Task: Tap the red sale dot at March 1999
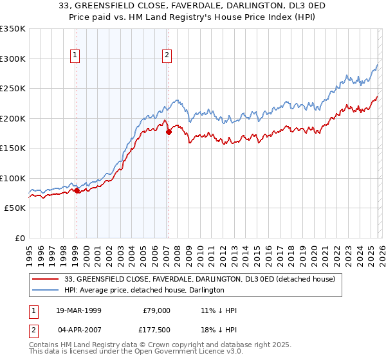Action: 77,190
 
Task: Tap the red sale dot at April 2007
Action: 169,132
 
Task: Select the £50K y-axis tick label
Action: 15,208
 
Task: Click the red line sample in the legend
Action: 47,279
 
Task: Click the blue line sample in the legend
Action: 47,290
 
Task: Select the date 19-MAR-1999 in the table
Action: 82,310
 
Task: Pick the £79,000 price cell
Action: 155,310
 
